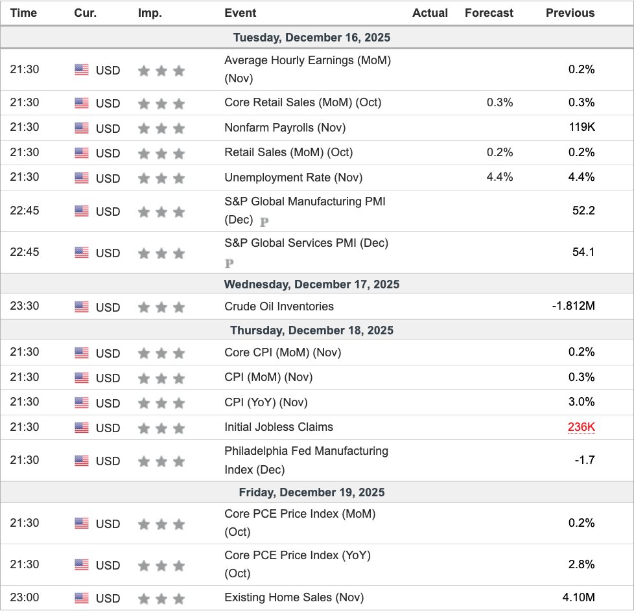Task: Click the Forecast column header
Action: (x=489, y=13)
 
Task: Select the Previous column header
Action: (x=570, y=13)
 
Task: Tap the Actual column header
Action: (x=430, y=13)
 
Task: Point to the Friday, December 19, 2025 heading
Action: (x=312, y=492)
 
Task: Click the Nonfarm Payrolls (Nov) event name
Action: (x=285, y=128)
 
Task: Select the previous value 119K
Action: (x=581, y=128)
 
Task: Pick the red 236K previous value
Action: (x=581, y=428)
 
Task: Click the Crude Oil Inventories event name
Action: (x=279, y=306)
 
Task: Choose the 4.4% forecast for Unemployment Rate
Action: (x=500, y=178)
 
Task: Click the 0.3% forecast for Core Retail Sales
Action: (x=500, y=102)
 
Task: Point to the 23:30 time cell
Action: (x=25, y=306)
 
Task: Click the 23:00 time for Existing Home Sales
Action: (x=25, y=597)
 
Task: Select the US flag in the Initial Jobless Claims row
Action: (x=82, y=428)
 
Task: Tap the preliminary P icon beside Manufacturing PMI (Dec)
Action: (x=264, y=222)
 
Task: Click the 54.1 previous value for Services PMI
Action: (x=583, y=252)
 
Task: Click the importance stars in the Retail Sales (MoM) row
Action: (x=161, y=153)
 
